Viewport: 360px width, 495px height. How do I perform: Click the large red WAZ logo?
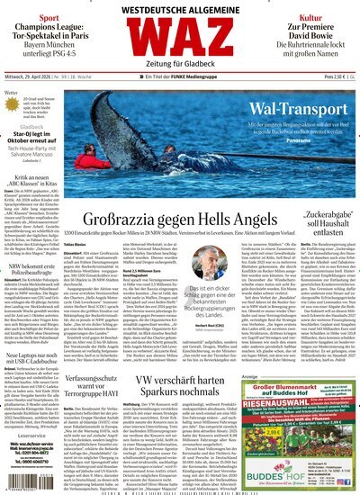pos(180,45)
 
